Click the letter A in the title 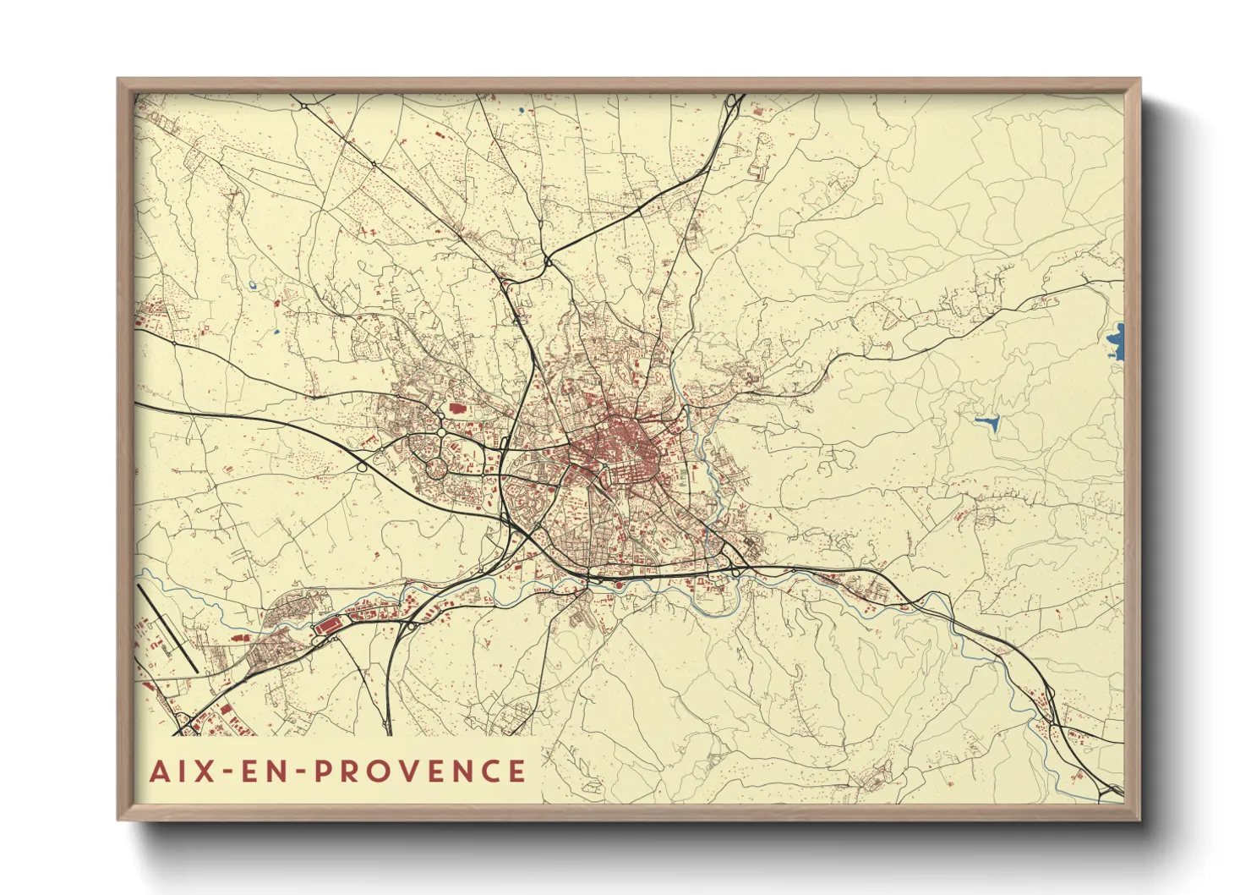click(x=158, y=771)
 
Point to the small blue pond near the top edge click(x=522, y=110)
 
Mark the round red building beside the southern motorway click(x=616, y=583)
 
